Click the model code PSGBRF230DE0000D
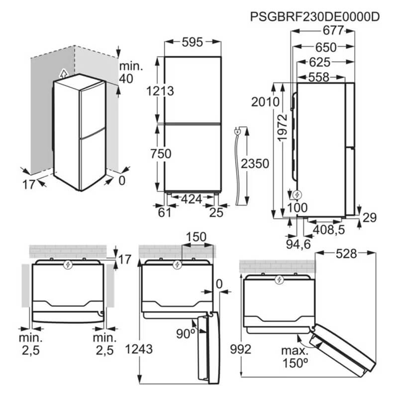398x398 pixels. (x=315, y=17)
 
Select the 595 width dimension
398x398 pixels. (x=193, y=42)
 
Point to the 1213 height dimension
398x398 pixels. (x=160, y=91)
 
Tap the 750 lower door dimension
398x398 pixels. (x=161, y=154)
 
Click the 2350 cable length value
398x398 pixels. (x=255, y=164)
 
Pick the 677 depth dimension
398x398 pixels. (x=333, y=31)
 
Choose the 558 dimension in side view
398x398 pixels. (x=319, y=77)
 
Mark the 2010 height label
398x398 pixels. (x=265, y=102)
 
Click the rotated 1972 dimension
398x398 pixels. (x=282, y=128)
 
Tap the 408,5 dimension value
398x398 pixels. (x=329, y=230)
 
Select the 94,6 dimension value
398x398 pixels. (x=298, y=244)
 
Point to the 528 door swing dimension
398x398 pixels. (x=346, y=254)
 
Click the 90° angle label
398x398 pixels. (x=186, y=334)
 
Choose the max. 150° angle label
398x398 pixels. (x=295, y=357)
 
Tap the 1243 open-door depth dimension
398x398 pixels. (x=139, y=349)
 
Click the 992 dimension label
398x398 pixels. (x=241, y=349)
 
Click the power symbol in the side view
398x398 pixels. (x=297, y=195)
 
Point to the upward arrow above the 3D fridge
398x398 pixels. (x=64, y=74)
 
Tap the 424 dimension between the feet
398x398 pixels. (x=192, y=199)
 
